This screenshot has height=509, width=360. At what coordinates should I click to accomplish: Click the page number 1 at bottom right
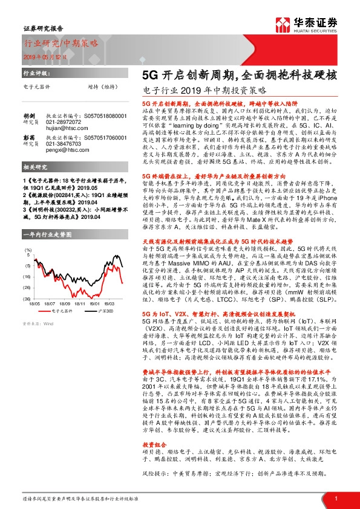click(x=335, y=498)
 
